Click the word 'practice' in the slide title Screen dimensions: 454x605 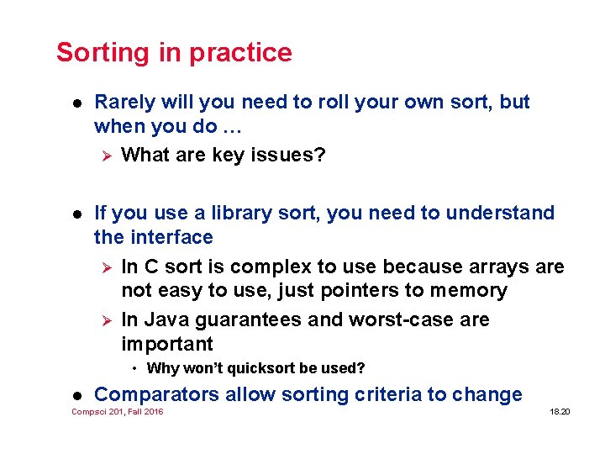[240, 53]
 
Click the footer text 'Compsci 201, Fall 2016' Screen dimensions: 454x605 [118, 412]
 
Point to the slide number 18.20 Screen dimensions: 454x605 [560, 412]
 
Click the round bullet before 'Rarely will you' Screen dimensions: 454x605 [75, 103]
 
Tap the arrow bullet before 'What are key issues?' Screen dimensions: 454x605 [106, 156]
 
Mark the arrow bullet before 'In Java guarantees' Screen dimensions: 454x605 [106, 320]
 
